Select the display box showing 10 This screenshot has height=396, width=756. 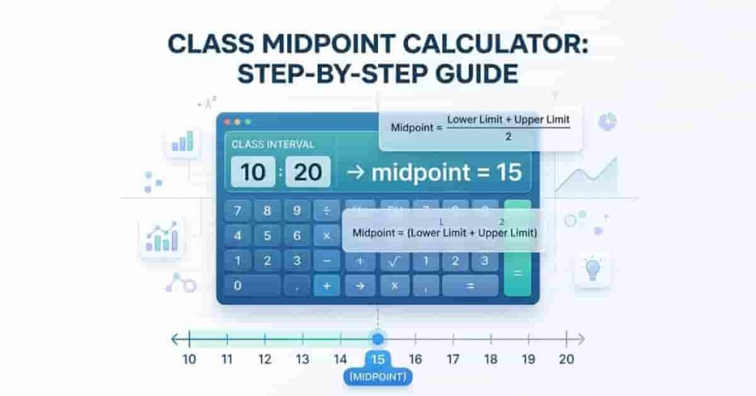coord(252,173)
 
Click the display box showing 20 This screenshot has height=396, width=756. coord(308,173)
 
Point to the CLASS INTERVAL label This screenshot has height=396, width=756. coord(272,144)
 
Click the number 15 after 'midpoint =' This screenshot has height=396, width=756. coord(509,173)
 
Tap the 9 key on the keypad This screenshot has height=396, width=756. coord(297,211)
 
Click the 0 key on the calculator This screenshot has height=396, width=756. coord(238,284)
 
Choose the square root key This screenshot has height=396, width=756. coord(394,261)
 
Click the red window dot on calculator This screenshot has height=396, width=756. coord(227,121)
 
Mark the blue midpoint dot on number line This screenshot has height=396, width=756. coord(377,339)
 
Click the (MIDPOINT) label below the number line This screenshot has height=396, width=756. coord(378,378)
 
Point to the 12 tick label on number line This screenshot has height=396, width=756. coord(264,360)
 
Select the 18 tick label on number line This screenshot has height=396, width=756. coord(490,360)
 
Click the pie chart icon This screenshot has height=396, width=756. coord(607,122)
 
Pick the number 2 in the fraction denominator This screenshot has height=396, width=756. coord(508,136)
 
